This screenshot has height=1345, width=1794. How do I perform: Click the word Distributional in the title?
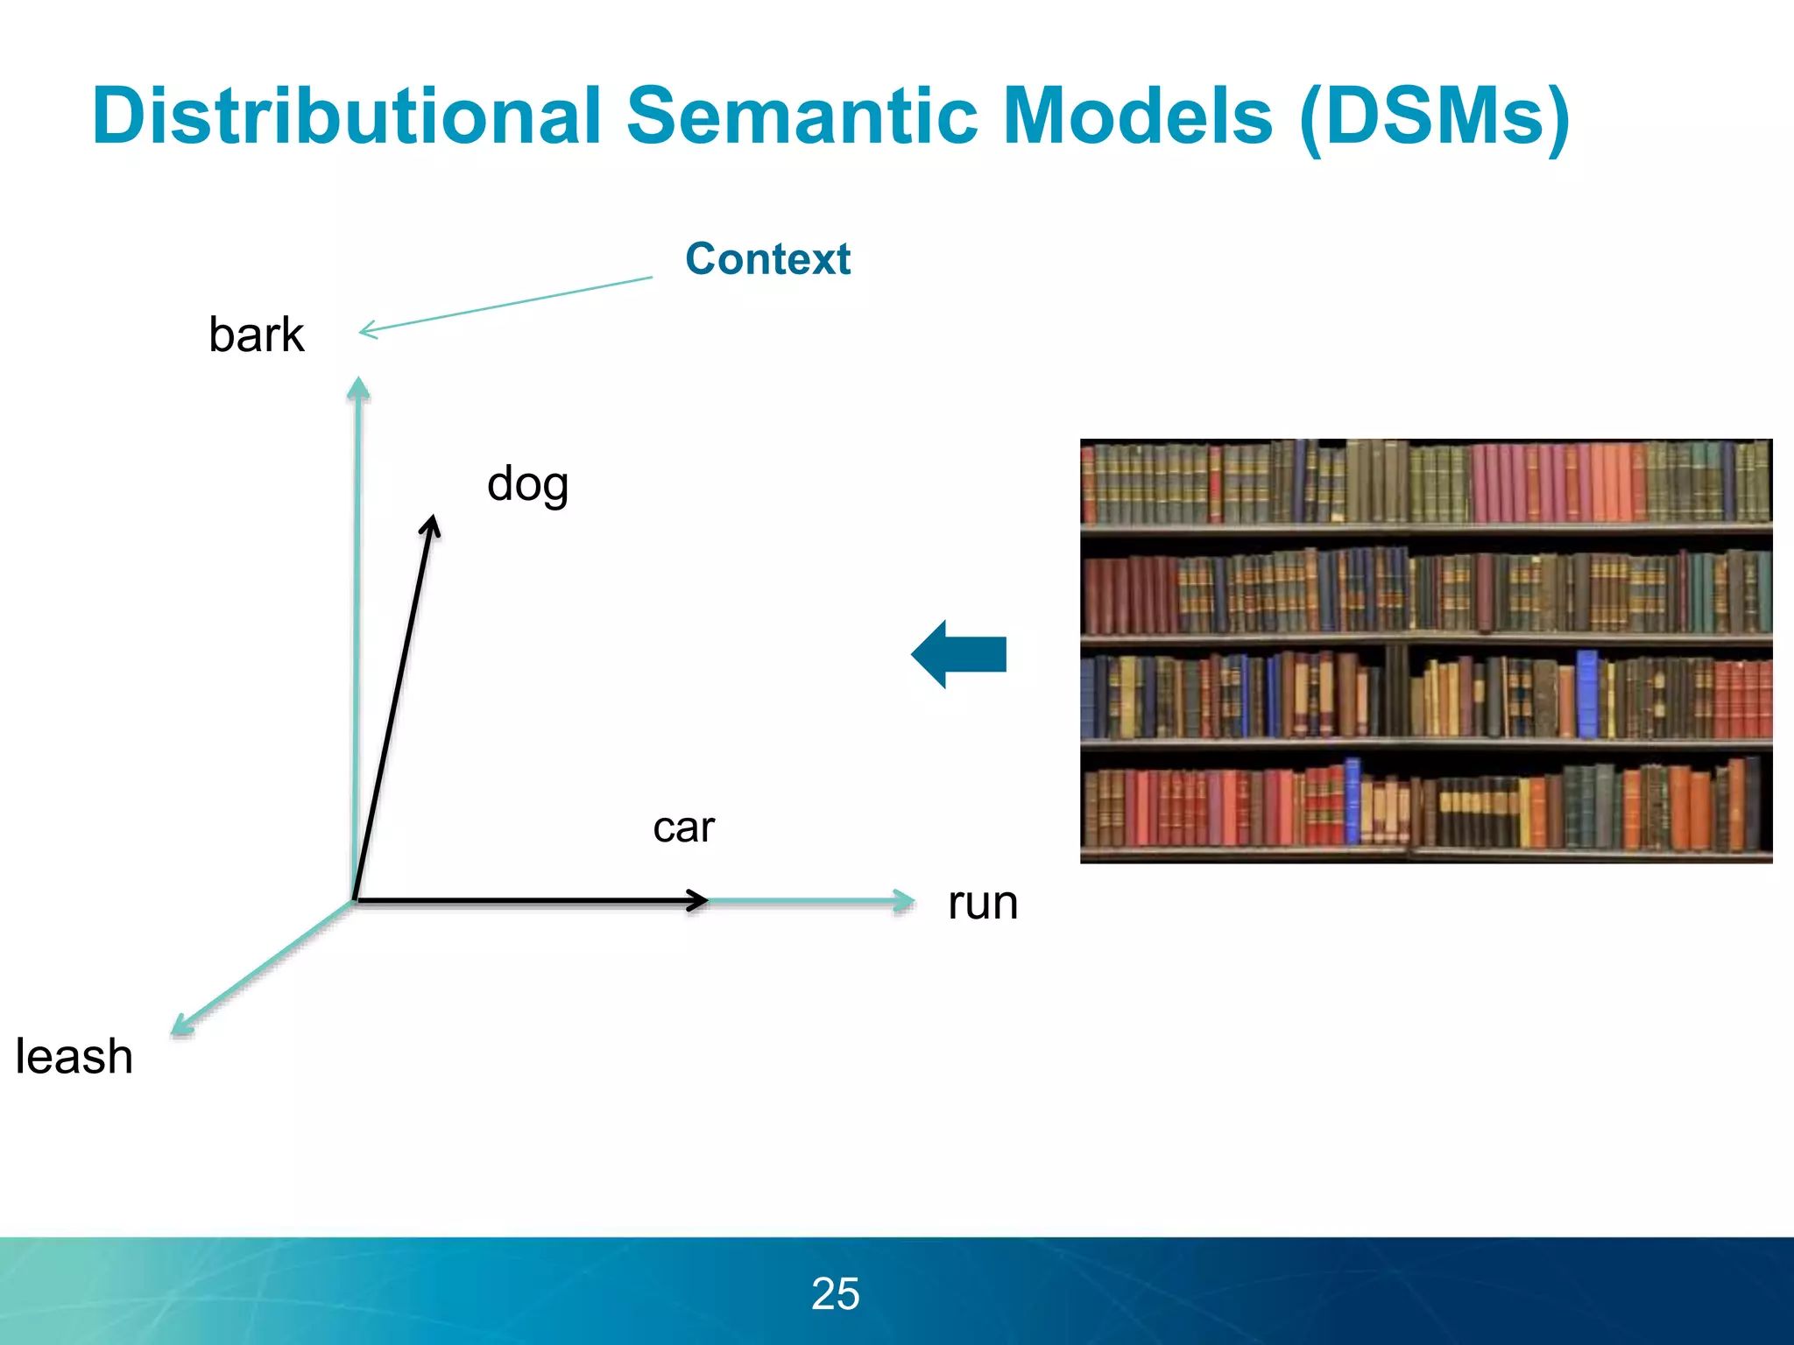click(x=347, y=116)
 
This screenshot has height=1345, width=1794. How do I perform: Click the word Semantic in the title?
click(x=801, y=116)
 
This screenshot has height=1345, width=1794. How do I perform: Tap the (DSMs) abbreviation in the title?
click(x=1435, y=117)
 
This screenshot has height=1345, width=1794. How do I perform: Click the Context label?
click(x=767, y=259)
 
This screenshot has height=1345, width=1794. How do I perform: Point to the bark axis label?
click(x=256, y=334)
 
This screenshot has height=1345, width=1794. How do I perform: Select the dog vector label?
click(x=527, y=484)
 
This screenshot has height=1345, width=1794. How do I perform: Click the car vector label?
click(x=683, y=827)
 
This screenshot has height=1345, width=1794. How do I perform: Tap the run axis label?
click(x=983, y=903)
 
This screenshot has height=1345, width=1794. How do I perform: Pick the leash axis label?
click(x=74, y=1056)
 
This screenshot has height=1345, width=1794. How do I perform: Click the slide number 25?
click(x=835, y=1293)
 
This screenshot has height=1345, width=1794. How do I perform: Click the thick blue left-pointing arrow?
click(x=959, y=654)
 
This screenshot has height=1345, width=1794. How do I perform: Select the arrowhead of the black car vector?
click(x=698, y=900)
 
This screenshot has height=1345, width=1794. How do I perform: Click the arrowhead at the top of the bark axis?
click(x=357, y=387)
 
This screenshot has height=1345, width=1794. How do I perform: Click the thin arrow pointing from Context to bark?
click(x=505, y=304)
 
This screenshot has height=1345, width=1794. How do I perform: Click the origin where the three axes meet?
click(x=355, y=900)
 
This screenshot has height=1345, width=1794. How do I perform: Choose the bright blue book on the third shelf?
click(x=1586, y=694)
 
